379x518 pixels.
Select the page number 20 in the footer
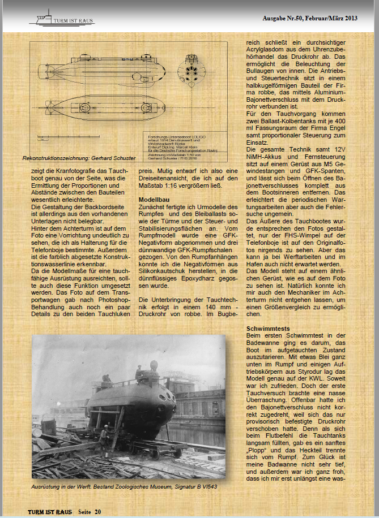coord(98,512)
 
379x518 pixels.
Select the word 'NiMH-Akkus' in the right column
coord(265,156)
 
